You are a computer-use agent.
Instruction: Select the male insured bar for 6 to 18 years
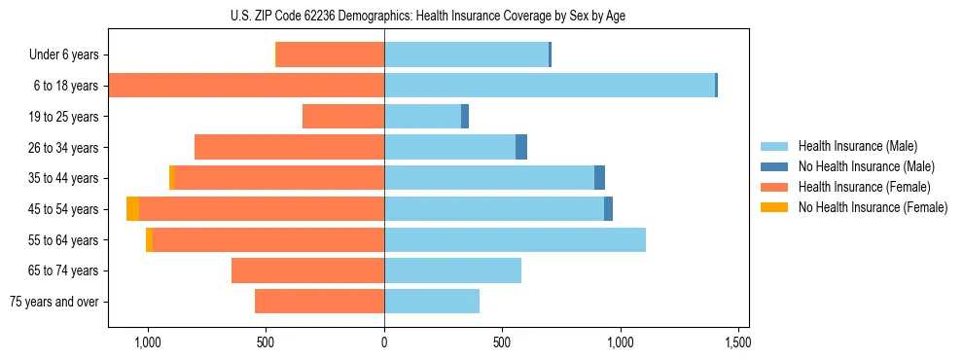tap(550, 86)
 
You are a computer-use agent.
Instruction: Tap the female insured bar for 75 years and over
tap(319, 302)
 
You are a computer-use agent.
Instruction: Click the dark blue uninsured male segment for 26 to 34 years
tap(521, 147)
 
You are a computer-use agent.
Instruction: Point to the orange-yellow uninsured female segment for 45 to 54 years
tap(132, 209)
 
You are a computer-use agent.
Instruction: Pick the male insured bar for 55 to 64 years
tap(515, 240)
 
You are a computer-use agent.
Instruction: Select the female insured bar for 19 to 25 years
tap(343, 117)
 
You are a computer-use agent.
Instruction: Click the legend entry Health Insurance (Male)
tap(856, 146)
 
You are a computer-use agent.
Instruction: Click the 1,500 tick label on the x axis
tap(737, 343)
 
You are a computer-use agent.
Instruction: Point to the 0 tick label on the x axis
tap(384, 343)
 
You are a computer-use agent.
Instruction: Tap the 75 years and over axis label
tap(54, 302)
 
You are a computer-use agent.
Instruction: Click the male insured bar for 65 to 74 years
tap(452, 270)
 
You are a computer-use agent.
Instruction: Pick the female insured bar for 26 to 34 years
tap(289, 147)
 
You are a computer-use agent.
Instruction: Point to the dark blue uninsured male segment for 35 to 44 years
tap(599, 178)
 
